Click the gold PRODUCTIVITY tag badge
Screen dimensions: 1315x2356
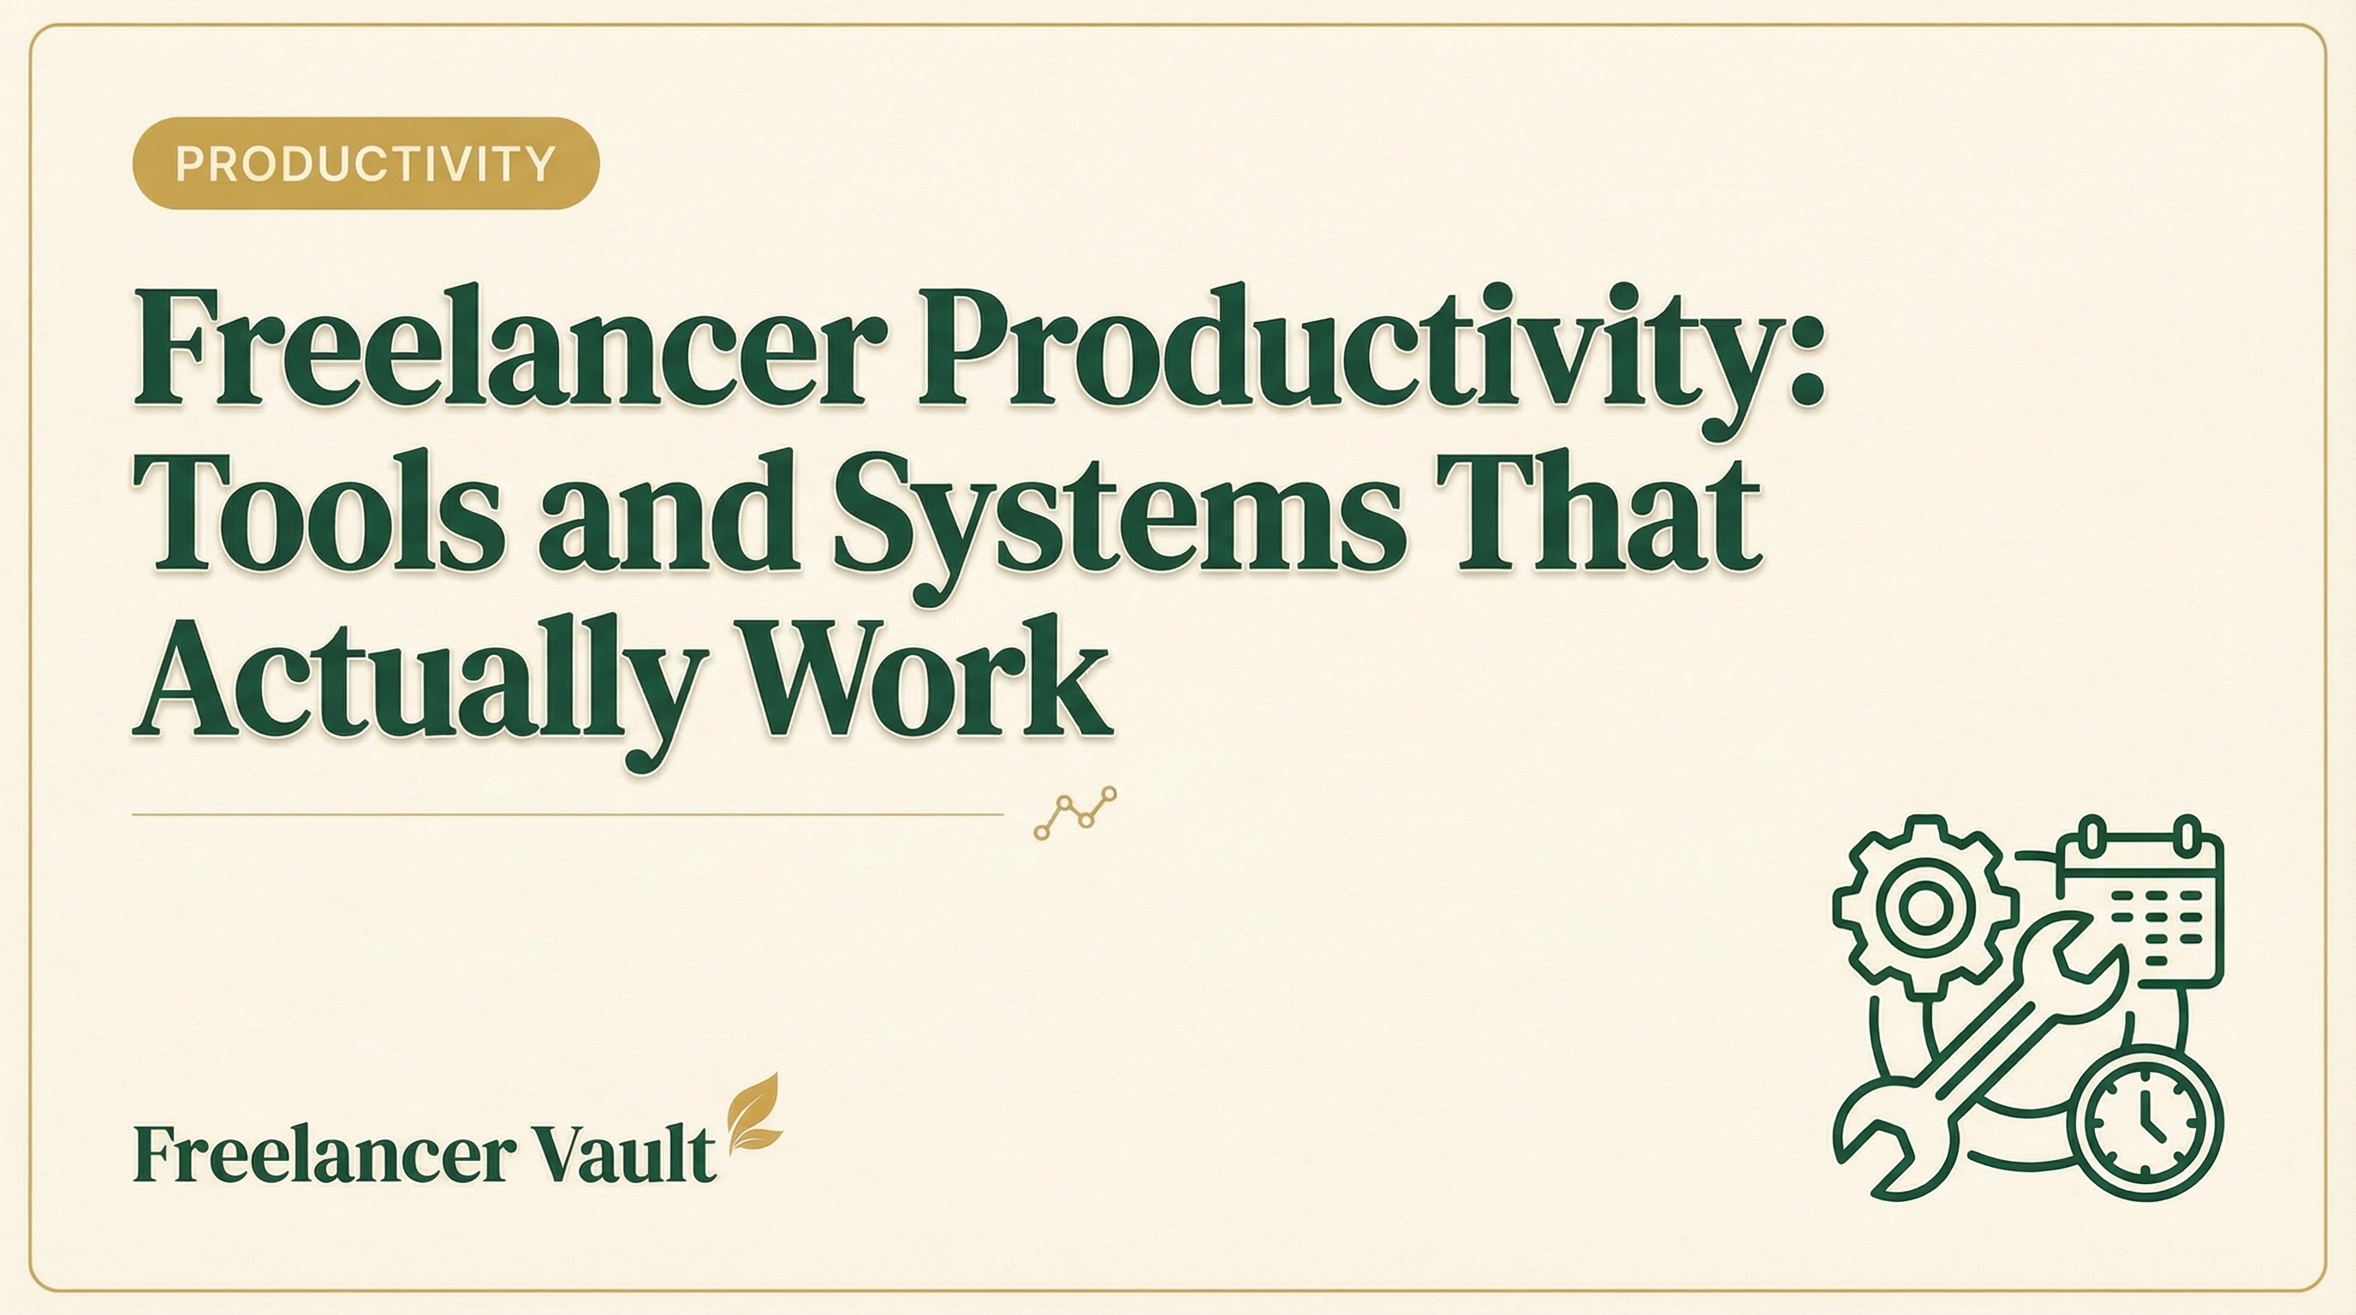pyautogui.click(x=366, y=164)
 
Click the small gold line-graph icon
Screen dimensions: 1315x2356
pyautogui.click(x=1075, y=812)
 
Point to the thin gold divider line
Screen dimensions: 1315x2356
pyautogui.click(x=567, y=813)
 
